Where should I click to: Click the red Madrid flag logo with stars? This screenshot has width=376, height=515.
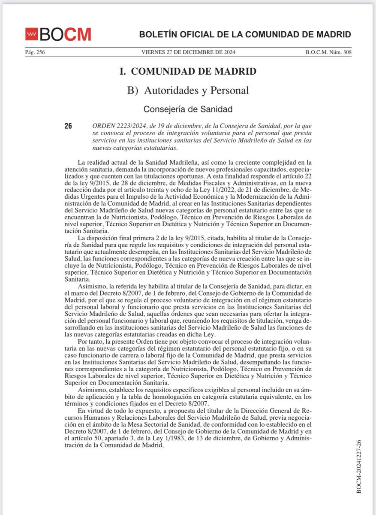point(31,34)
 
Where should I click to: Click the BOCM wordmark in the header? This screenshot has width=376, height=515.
point(65,34)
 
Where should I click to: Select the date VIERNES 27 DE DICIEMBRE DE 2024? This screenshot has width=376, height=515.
point(188,53)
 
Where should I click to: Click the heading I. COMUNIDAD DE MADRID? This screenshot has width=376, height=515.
point(188,72)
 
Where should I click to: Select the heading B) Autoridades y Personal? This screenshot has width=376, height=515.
point(188,91)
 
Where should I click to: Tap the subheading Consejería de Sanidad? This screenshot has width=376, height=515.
point(188,109)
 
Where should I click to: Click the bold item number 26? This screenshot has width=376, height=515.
point(68,126)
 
